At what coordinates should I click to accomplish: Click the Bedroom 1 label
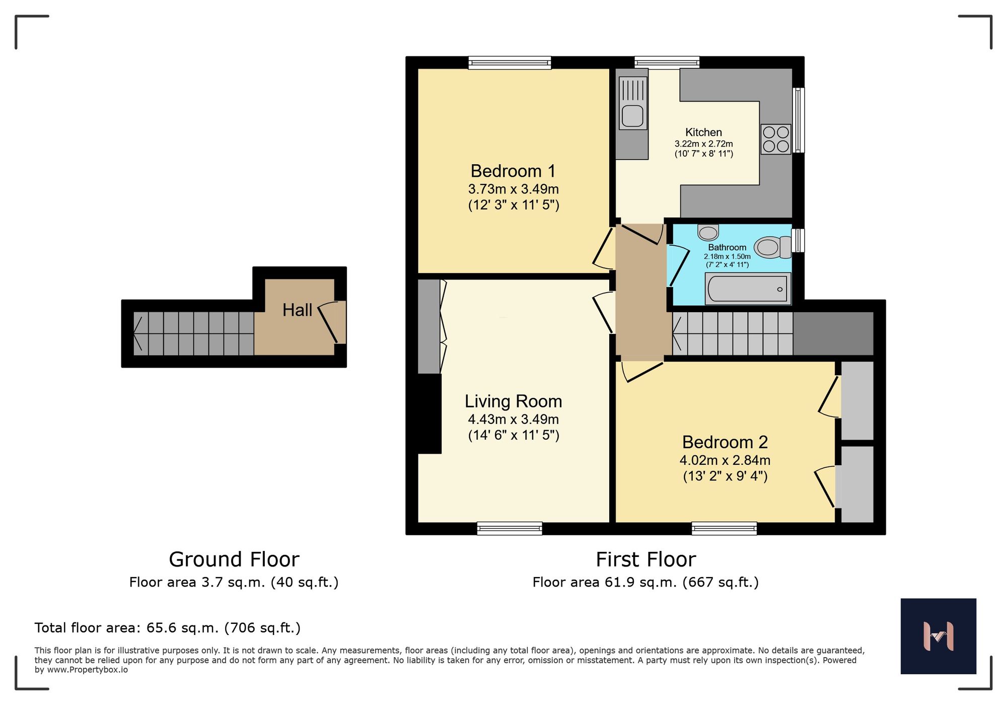click(x=513, y=171)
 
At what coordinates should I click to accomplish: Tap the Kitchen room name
click(x=703, y=132)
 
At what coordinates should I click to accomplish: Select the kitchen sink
click(x=632, y=103)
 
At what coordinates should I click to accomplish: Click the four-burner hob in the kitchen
click(x=775, y=139)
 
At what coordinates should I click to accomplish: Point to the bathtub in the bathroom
click(x=748, y=289)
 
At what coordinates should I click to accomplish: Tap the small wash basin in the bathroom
click(x=708, y=233)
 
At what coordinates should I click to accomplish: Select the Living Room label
click(x=513, y=401)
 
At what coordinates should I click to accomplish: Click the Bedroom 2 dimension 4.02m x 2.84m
click(x=725, y=460)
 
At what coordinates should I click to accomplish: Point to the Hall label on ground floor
click(x=297, y=310)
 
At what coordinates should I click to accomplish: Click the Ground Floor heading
click(x=234, y=559)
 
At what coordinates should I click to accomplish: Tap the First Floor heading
click(x=645, y=559)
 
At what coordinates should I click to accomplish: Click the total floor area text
click(x=167, y=628)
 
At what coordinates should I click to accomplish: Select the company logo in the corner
click(x=938, y=636)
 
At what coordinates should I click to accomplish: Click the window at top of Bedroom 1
click(x=510, y=63)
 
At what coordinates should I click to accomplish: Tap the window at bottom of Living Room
click(x=510, y=528)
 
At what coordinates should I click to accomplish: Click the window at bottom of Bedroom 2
click(x=724, y=528)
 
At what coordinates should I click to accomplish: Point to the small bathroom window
click(x=798, y=240)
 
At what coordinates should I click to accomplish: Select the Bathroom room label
click(x=727, y=247)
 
